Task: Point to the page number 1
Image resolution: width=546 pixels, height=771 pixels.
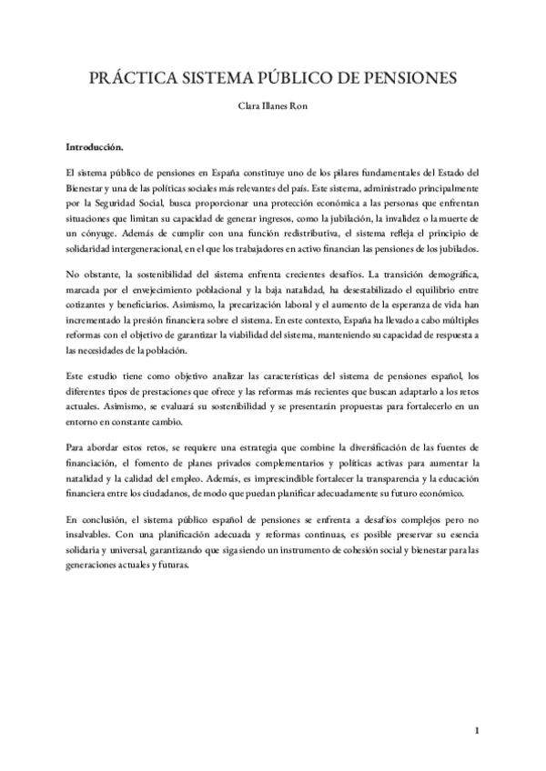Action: (x=477, y=731)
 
